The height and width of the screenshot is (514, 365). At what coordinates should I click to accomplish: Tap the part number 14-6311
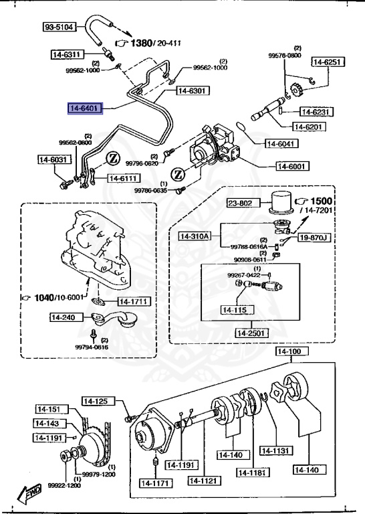point(68,54)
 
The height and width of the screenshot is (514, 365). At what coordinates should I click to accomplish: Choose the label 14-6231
point(316,112)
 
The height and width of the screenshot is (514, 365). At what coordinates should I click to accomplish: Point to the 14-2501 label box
point(251,333)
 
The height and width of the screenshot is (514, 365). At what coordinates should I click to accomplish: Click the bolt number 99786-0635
point(151,190)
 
